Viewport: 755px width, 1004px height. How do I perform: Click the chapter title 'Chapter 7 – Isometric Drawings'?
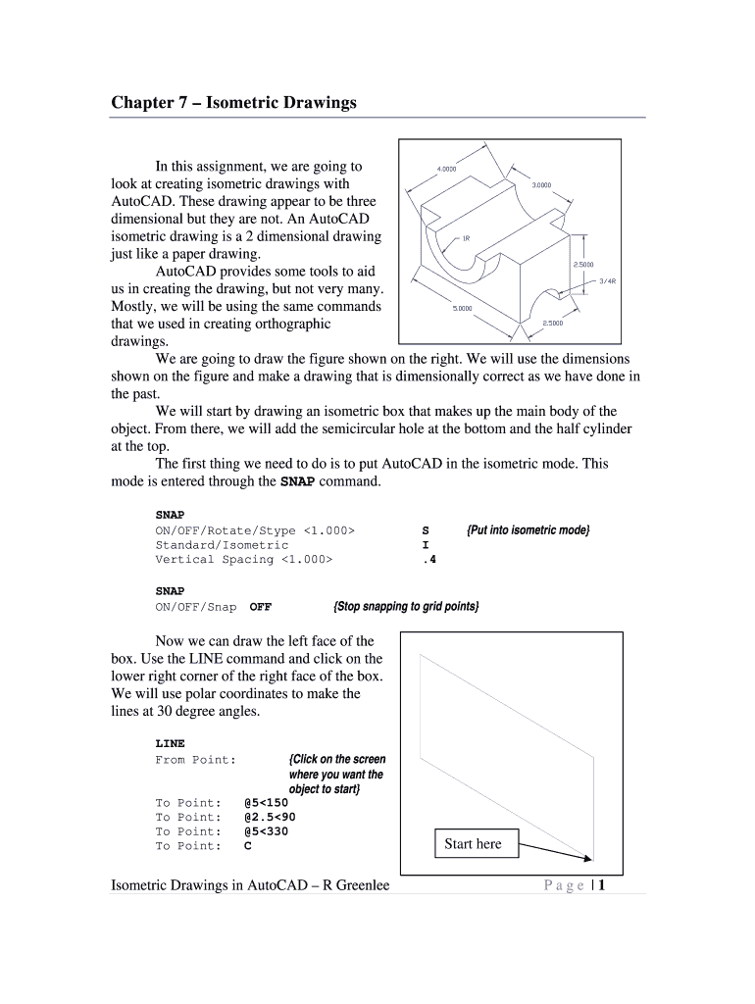coord(233,102)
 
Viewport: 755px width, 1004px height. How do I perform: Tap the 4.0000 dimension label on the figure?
coord(446,169)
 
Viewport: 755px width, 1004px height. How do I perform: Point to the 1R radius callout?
coord(466,237)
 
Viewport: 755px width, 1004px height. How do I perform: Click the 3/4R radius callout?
coord(607,280)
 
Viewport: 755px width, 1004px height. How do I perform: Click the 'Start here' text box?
coord(473,843)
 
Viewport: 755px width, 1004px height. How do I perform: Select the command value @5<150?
coord(266,802)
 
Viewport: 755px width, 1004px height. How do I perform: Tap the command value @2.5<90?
coord(270,817)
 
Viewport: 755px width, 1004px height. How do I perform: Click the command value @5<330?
coord(266,831)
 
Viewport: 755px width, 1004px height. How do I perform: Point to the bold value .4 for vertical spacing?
coord(428,559)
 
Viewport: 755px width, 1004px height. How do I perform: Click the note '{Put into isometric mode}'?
coord(528,529)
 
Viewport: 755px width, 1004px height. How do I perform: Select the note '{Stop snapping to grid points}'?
coord(406,606)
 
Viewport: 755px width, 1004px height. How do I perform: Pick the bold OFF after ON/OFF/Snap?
coord(261,606)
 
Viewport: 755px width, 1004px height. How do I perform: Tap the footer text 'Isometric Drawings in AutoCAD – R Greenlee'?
coord(250,885)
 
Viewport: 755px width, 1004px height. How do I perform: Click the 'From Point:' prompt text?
coord(195,760)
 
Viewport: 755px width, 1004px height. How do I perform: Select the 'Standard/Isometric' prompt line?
coord(222,544)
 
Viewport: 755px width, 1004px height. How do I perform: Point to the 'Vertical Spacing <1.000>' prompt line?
coord(243,559)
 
